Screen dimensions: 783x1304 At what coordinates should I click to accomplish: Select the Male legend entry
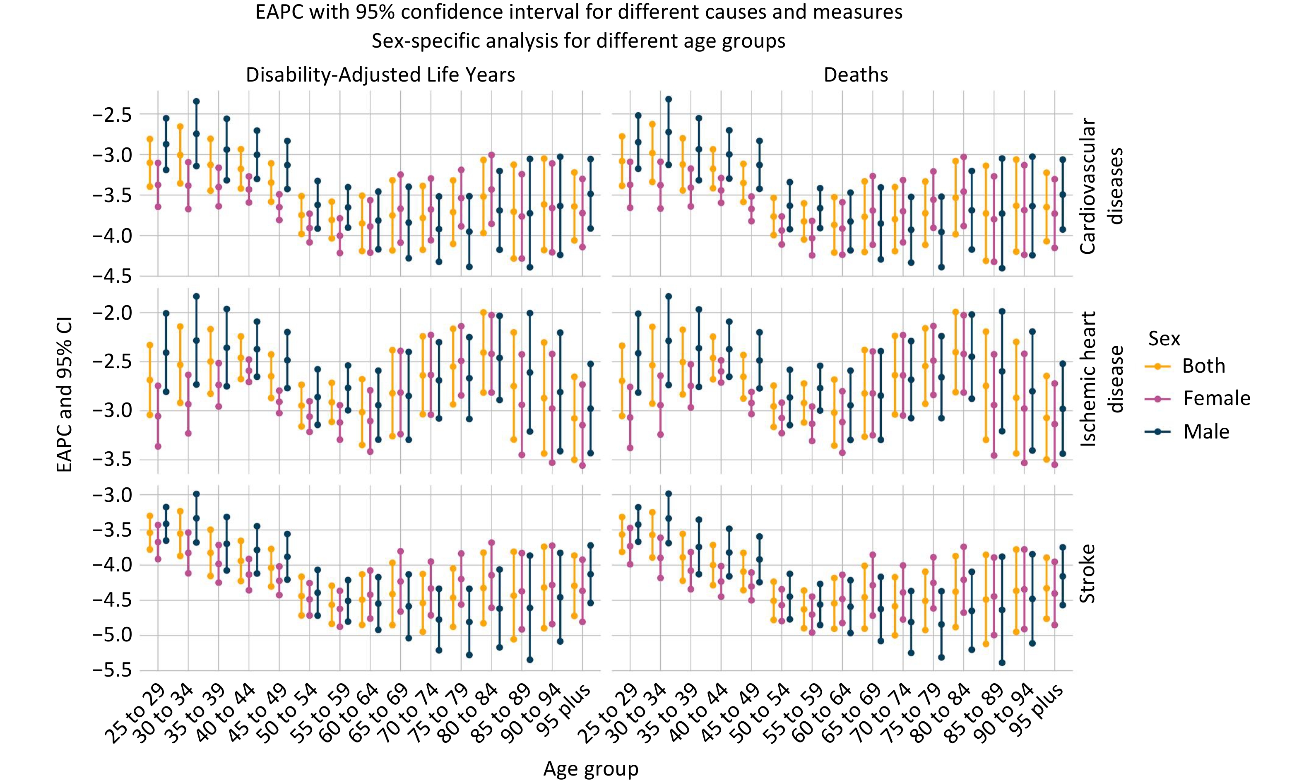pos(1206,431)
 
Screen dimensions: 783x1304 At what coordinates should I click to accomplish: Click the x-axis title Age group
pos(591,769)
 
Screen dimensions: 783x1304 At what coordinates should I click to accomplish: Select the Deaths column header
pos(856,75)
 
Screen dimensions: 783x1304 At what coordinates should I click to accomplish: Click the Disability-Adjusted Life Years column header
pos(380,75)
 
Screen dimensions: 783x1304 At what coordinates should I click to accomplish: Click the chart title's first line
pos(579,12)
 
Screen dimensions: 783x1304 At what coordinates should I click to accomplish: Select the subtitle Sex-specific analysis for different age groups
pos(579,41)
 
